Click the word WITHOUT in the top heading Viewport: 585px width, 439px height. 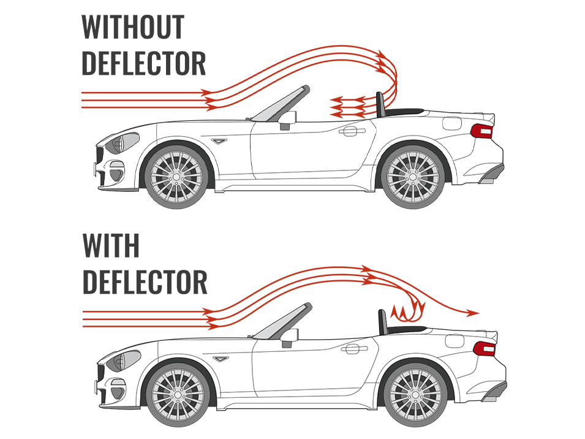133,26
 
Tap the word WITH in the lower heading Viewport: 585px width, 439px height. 111,245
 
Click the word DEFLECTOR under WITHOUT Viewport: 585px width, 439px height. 143,64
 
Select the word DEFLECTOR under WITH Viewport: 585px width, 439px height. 145,282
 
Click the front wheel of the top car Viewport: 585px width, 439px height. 176,177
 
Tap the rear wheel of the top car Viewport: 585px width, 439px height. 413,176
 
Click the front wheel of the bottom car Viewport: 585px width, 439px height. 178,395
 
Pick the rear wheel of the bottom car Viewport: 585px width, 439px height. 415,395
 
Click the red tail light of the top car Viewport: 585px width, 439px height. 481,131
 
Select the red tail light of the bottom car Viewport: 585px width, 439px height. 485,349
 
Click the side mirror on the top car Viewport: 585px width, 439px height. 287,120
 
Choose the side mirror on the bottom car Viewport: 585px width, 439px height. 290,337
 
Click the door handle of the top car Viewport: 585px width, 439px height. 352,131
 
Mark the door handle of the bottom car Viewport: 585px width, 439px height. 354,349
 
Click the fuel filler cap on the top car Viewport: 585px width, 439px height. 452,123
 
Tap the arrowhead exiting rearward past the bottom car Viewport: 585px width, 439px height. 473,313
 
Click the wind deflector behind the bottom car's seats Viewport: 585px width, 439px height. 382,321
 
